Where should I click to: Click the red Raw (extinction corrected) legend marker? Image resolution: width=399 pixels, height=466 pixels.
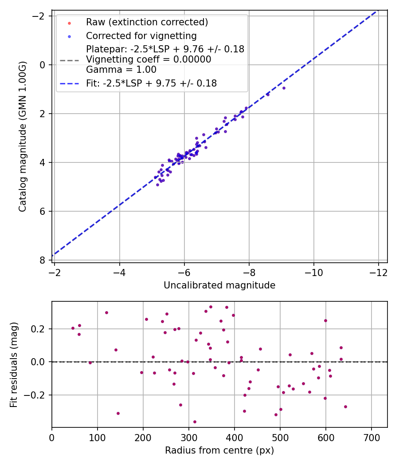click(x=69, y=22)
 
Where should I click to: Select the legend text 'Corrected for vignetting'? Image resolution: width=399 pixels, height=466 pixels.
click(x=141, y=36)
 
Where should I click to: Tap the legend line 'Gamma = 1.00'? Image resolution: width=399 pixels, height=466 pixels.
click(x=121, y=69)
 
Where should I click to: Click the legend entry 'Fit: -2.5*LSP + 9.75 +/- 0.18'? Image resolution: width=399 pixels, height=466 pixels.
click(x=151, y=83)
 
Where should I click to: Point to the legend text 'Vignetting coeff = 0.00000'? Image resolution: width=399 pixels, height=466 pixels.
click(x=149, y=59)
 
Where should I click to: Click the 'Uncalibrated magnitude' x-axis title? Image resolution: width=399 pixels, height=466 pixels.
click(x=219, y=285)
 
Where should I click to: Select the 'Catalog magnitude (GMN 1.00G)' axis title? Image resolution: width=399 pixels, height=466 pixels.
click(x=23, y=136)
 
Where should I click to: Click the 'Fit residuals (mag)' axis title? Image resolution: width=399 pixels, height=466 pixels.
click(x=14, y=364)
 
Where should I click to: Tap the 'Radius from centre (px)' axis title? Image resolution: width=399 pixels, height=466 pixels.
click(x=219, y=450)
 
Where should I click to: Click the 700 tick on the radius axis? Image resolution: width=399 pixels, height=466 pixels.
click(x=371, y=437)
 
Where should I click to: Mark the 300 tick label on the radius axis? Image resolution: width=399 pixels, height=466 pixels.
click(x=188, y=437)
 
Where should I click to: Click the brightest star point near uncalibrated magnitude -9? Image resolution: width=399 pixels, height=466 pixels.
click(x=284, y=88)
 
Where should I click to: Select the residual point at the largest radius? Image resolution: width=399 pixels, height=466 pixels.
click(x=345, y=407)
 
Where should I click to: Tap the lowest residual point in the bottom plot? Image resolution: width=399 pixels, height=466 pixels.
click(x=195, y=422)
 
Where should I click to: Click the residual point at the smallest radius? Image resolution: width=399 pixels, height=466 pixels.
click(x=73, y=328)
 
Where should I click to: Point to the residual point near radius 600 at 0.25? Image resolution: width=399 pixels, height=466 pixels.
click(x=325, y=320)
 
